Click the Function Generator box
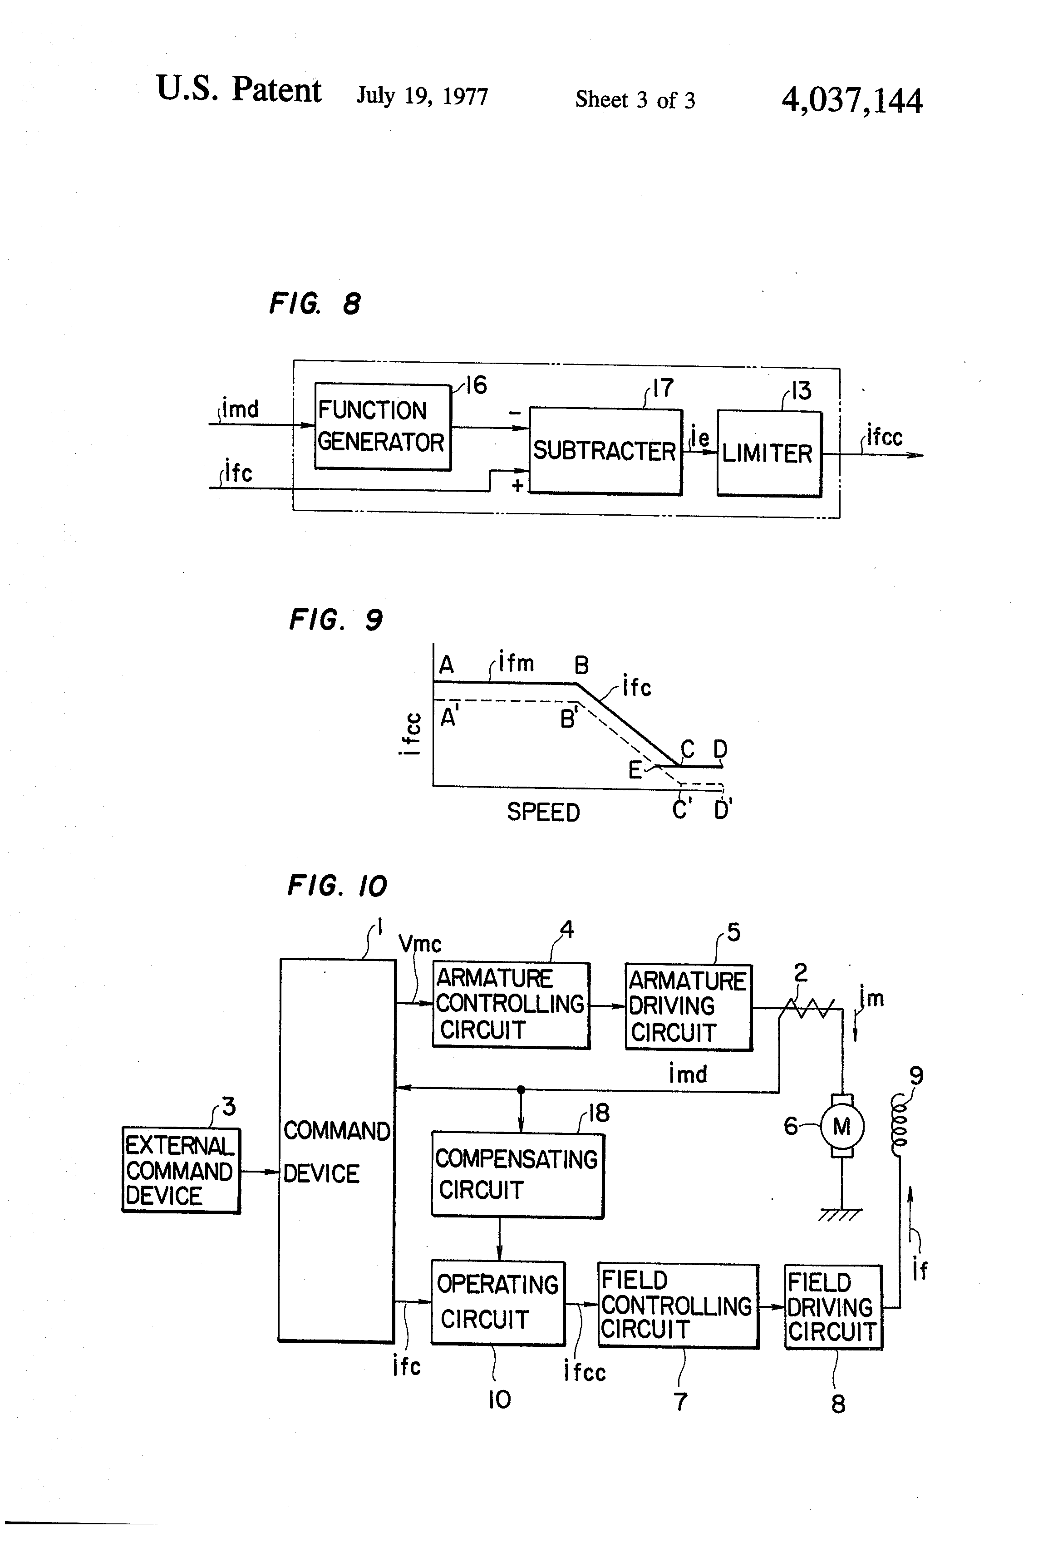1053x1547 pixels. tap(382, 427)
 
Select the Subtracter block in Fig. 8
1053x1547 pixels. tap(605, 451)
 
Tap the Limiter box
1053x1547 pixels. tap(769, 453)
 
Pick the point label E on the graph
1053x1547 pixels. tap(635, 770)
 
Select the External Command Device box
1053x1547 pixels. tap(180, 1170)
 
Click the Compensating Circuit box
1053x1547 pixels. tap(517, 1175)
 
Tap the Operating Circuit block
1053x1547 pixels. tap(497, 1302)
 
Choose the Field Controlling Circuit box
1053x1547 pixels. tap(678, 1306)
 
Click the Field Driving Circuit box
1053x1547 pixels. tap(833, 1307)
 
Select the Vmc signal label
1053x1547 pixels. tap(419, 944)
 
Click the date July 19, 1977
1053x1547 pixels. tap(422, 96)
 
